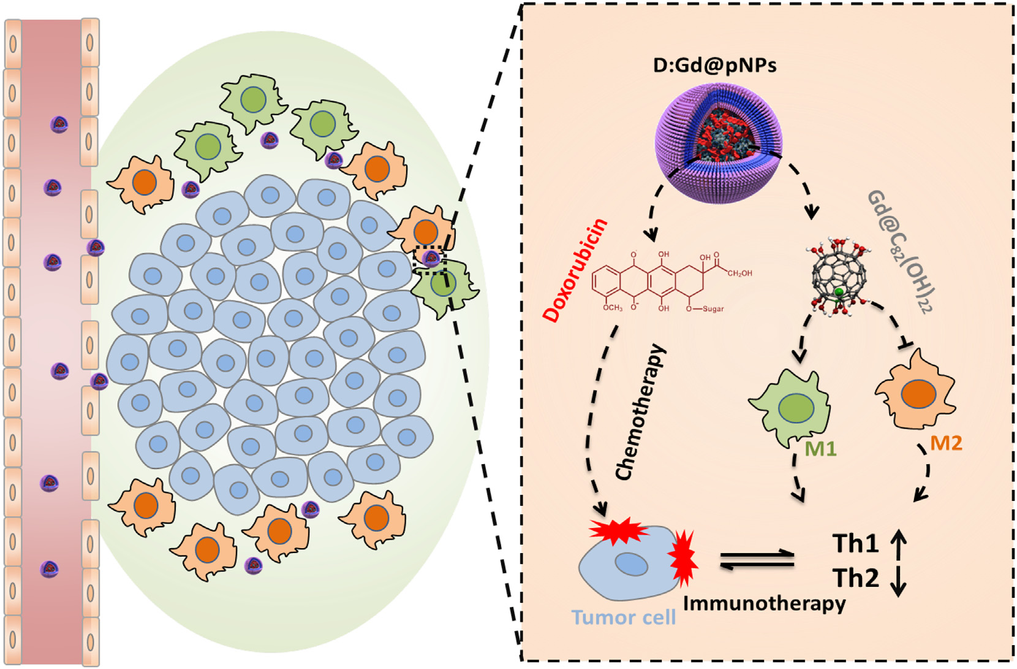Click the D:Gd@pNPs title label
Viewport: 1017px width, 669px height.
(714, 64)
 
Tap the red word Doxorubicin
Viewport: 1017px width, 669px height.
(575, 270)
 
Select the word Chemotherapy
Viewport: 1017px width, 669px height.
(640, 412)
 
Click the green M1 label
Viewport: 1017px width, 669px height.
(820, 449)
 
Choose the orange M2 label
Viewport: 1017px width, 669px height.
(946, 443)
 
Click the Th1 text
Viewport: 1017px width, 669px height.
(855, 544)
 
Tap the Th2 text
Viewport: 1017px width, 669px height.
(855, 578)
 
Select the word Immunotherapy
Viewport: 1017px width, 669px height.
(764, 603)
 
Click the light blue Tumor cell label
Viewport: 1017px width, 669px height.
(623, 617)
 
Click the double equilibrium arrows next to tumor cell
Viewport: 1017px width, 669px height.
(757, 560)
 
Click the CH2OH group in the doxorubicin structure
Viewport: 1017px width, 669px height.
(739, 273)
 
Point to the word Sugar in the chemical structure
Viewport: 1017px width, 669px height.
(713, 308)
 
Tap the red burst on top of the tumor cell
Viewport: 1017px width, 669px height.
(619, 531)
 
